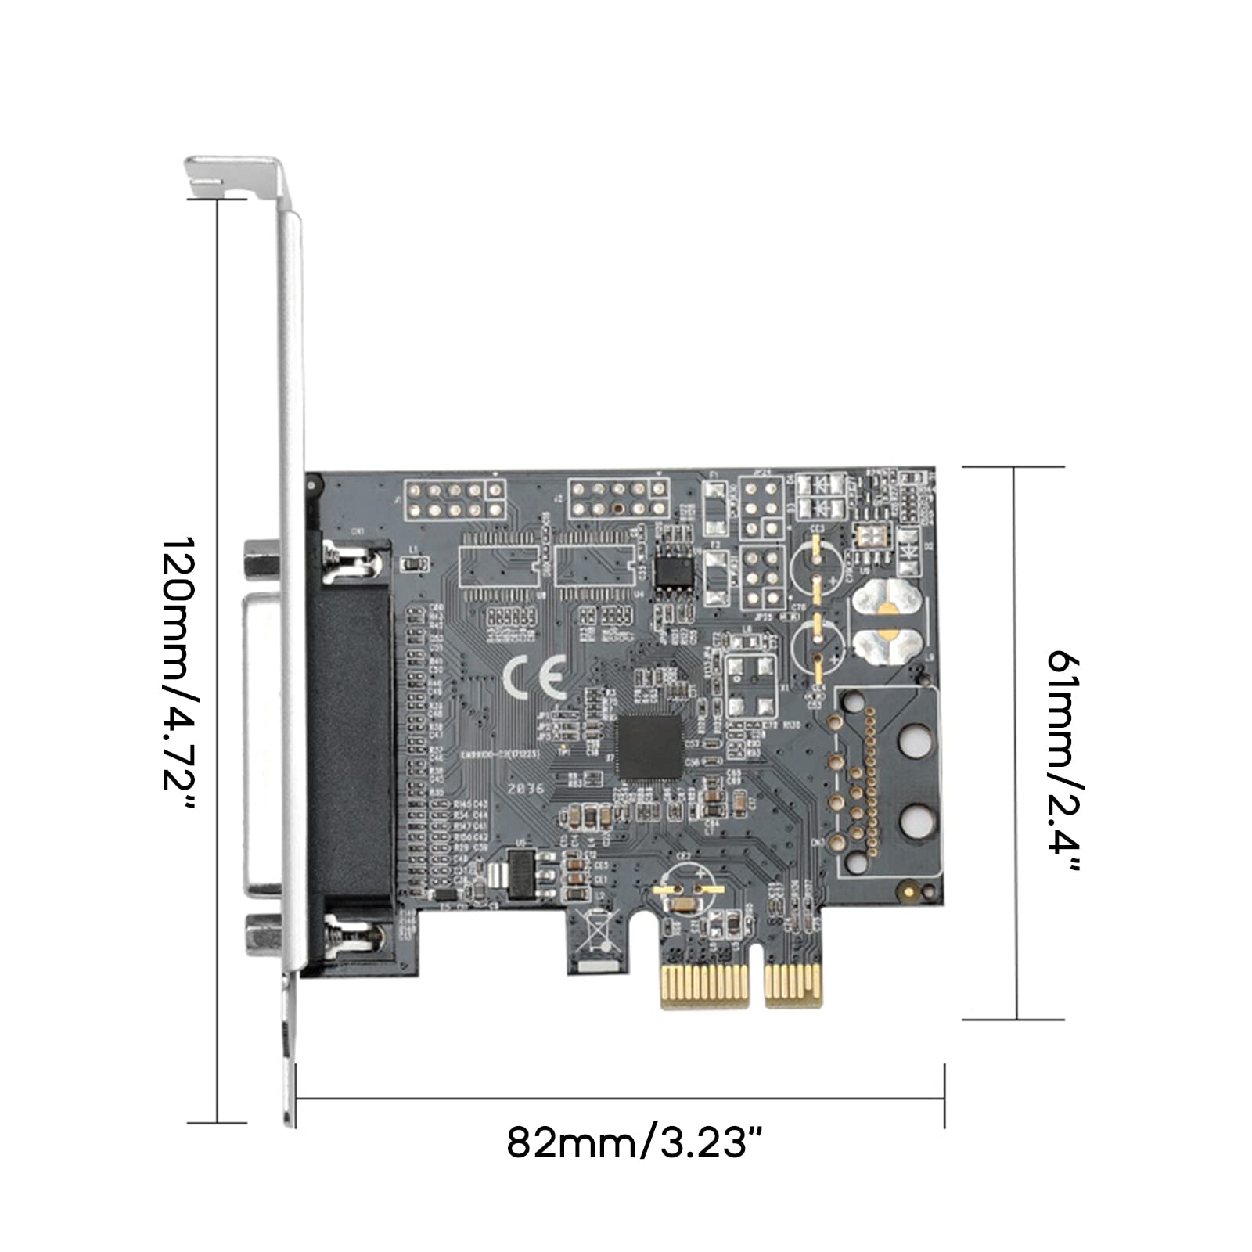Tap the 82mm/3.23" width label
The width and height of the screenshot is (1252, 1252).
coord(634,1143)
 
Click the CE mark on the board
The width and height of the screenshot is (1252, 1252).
coord(534,677)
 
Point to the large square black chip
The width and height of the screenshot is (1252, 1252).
coord(650,747)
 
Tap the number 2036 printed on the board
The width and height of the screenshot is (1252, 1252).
coord(524,788)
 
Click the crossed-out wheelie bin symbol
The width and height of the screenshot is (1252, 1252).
coord(596,931)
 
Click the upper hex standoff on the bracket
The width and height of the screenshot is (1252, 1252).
coord(261,562)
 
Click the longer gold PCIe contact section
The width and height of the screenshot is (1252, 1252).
coord(704,987)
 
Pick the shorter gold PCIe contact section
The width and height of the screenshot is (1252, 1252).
coord(793,986)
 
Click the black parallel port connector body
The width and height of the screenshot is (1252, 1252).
coord(352,751)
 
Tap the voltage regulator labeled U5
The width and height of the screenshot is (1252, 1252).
coord(520,873)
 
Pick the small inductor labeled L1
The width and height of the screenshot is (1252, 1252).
coord(414,563)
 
